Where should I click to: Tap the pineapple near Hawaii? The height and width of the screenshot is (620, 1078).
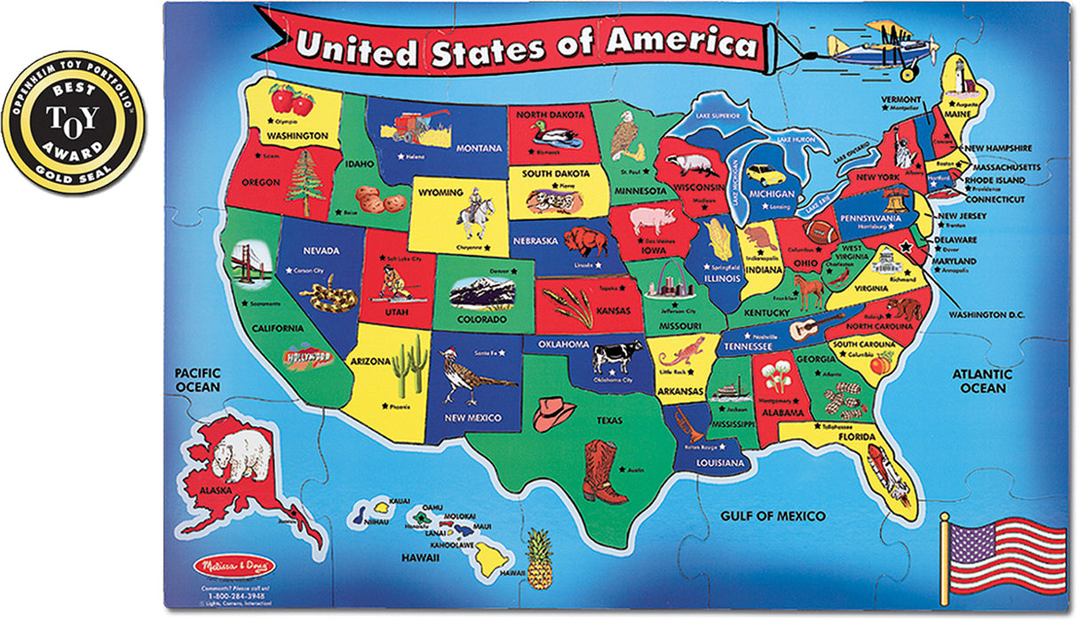pyautogui.click(x=539, y=559)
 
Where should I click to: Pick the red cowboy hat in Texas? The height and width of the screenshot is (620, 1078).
pyautogui.click(x=554, y=412)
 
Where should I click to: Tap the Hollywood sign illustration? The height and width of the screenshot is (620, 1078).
pyautogui.click(x=308, y=358)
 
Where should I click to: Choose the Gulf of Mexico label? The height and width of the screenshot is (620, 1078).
pyautogui.click(x=773, y=516)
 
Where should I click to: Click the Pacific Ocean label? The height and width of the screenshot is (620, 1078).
pyautogui.click(x=197, y=380)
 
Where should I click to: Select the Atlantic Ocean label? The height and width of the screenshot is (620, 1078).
pyautogui.click(x=982, y=381)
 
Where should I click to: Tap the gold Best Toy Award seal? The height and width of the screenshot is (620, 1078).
pyautogui.click(x=73, y=123)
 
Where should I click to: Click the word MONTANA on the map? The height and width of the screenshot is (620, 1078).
pyautogui.click(x=480, y=148)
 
